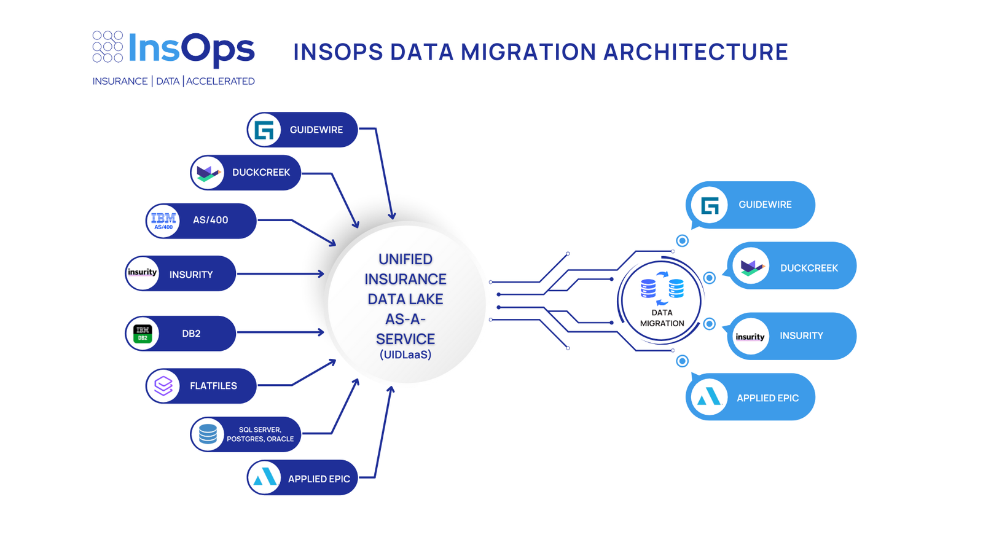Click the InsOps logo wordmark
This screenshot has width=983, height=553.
point(190,49)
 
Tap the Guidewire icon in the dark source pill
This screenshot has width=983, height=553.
point(265,130)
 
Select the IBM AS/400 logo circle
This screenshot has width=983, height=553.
point(163,221)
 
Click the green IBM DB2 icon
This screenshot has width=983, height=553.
point(143,334)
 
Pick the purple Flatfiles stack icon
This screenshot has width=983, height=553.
point(163,386)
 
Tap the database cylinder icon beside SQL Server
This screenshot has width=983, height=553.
point(208,434)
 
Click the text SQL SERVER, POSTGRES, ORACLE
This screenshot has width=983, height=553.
point(260,434)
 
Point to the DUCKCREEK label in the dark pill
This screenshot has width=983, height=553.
point(260,173)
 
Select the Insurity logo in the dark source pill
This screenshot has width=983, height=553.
point(143,273)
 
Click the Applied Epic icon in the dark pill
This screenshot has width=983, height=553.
point(265,477)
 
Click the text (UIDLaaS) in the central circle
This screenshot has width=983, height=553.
point(405,355)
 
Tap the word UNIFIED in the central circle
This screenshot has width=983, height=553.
point(405,259)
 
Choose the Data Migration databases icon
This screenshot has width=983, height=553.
point(662,288)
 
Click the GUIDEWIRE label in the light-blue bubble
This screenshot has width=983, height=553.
point(765,205)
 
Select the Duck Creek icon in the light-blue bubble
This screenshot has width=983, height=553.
point(751,267)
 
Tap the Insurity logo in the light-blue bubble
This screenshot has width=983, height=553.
point(750,337)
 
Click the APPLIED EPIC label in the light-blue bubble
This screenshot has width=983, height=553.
point(767,398)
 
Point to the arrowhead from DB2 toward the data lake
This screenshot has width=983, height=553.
point(321,332)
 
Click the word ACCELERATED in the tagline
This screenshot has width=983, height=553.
point(220,81)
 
